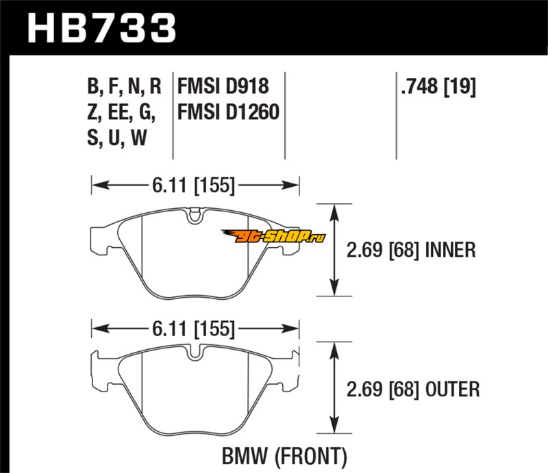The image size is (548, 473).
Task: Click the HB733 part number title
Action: point(101,29)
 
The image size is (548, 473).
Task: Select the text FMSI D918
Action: point(223,87)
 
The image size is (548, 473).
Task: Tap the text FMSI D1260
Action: point(228,112)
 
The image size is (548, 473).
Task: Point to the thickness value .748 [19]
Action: point(436,87)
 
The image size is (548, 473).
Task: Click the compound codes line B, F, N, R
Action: point(123,87)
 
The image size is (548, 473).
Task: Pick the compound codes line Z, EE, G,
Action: point(121,112)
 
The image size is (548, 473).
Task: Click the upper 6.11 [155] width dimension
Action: point(196,186)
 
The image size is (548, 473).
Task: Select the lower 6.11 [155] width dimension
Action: point(196,329)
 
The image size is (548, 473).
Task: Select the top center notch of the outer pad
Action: point(195,355)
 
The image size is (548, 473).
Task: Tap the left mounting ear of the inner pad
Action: point(100,235)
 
